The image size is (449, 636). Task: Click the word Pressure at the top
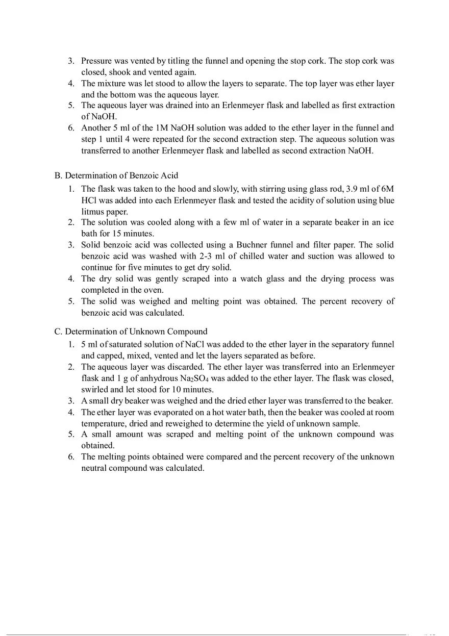click(x=96, y=61)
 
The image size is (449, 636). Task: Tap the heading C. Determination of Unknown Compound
click(x=131, y=332)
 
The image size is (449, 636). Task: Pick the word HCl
click(x=88, y=200)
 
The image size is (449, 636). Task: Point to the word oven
click(x=154, y=290)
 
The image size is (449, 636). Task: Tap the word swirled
click(x=95, y=389)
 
